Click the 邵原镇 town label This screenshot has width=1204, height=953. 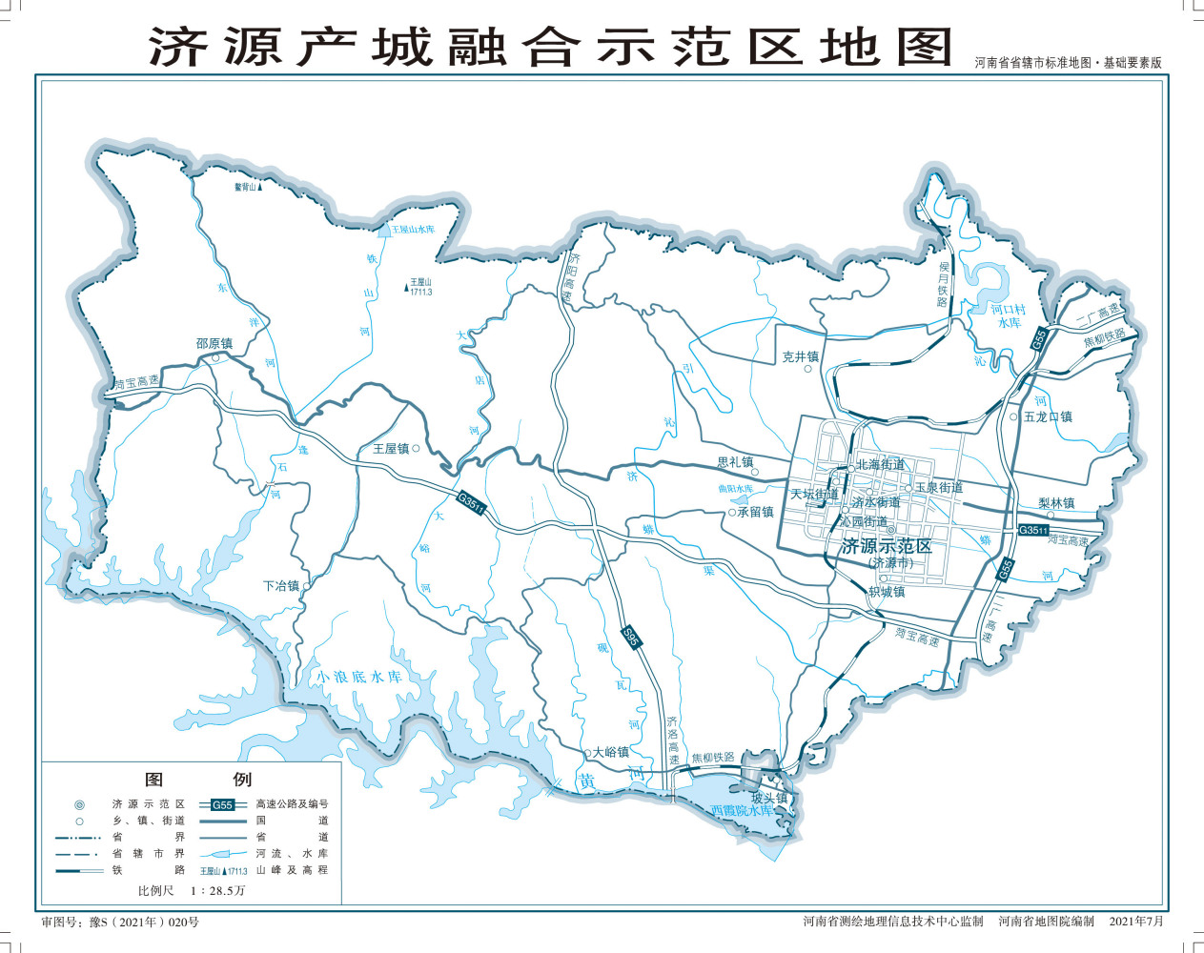214,343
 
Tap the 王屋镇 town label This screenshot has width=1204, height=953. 391,448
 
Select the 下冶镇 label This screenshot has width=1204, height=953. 281,586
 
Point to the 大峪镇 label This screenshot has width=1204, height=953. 610,752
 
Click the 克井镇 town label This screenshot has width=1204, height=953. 801,356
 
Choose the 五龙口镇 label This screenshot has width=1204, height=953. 1048,416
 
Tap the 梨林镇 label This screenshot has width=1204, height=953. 1056,503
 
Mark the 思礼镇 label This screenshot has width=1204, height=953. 735,462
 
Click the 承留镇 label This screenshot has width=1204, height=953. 755,512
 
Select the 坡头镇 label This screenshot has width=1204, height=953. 769,798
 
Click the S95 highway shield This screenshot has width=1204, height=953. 630,637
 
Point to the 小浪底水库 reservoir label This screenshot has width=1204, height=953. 359,677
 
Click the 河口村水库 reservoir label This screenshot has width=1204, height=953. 1008,316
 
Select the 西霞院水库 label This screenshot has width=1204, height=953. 741,810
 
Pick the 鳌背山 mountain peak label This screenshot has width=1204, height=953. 245,187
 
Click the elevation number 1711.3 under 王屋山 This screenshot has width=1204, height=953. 420,292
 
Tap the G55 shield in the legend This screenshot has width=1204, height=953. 222,804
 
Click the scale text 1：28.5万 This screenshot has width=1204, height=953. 217,890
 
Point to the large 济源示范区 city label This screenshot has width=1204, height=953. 887,546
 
